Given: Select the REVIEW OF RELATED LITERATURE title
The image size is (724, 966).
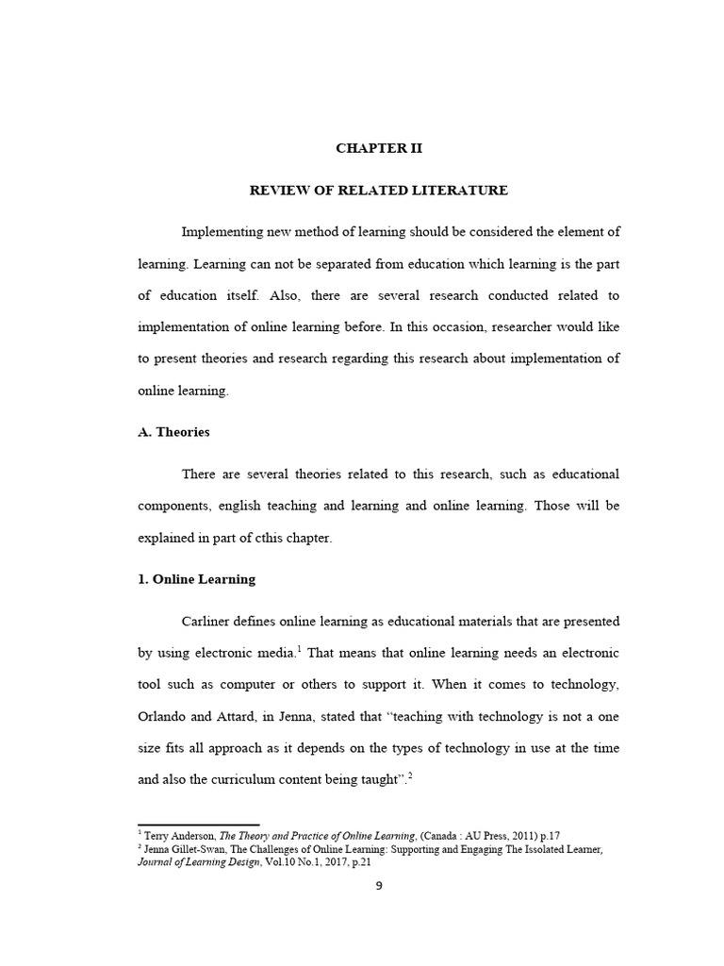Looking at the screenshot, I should [378, 191].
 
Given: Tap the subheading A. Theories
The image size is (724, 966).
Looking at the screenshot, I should [173, 432].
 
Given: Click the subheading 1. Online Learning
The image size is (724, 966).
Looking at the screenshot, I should [196, 579].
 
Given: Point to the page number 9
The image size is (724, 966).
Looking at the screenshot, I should [378, 885].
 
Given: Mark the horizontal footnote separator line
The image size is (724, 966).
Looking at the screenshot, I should [198, 824].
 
